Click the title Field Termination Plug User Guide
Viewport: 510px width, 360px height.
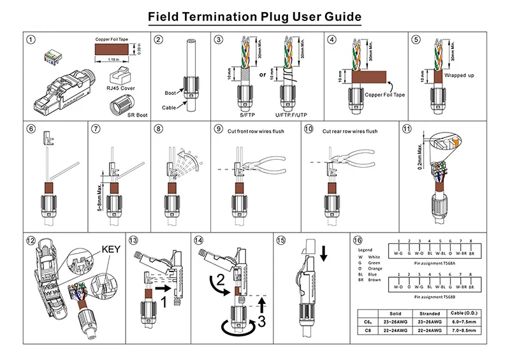point(254,16)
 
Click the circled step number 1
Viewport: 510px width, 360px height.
point(31,40)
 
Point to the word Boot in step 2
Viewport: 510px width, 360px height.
point(170,93)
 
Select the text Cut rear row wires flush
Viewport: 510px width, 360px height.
point(350,131)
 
